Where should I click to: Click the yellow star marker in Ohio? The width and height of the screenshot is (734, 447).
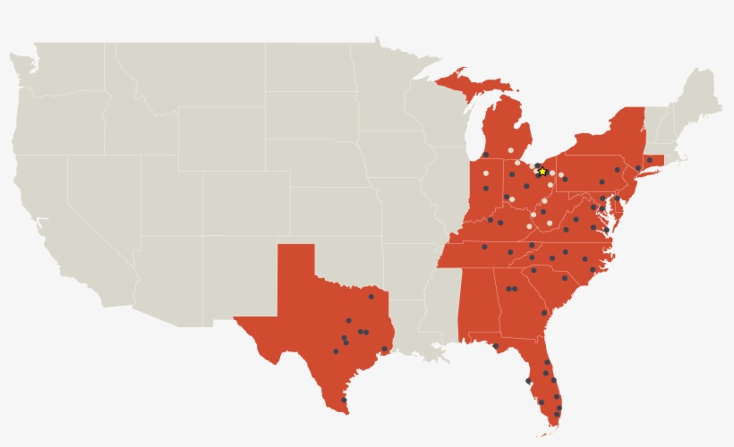tap(542, 171)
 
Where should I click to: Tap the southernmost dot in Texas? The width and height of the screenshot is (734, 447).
tap(344, 400)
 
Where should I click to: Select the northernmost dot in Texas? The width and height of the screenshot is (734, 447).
tap(371, 296)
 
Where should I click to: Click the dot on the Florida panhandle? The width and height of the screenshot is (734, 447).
tap(495, 346)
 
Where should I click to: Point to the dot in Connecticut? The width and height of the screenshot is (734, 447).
tap(649, 160)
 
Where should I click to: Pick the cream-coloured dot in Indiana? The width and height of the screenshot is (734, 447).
tap(486, 173)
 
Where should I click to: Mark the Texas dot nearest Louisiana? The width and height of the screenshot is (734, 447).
tap(385, 349)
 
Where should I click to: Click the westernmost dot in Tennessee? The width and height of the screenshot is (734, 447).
tap(484, 246)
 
